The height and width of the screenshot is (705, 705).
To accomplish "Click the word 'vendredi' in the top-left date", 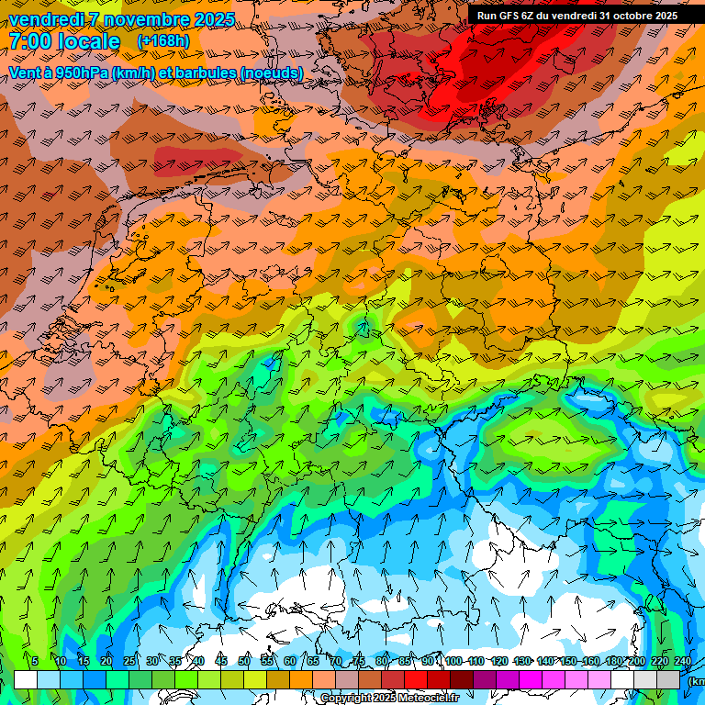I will pos(45,19).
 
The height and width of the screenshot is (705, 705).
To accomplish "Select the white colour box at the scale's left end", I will pos(26,680).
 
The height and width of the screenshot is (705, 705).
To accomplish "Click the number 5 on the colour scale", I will pos(35,662).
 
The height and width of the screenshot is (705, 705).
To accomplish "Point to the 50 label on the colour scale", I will pos(243,662).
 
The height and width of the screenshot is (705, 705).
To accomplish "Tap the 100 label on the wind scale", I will pos(453,662).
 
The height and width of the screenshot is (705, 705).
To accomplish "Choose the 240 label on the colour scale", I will pos(683,662).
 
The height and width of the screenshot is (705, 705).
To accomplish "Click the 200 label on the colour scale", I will pos(637,662).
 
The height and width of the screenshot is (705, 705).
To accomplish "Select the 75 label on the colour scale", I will pos(359,662).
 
